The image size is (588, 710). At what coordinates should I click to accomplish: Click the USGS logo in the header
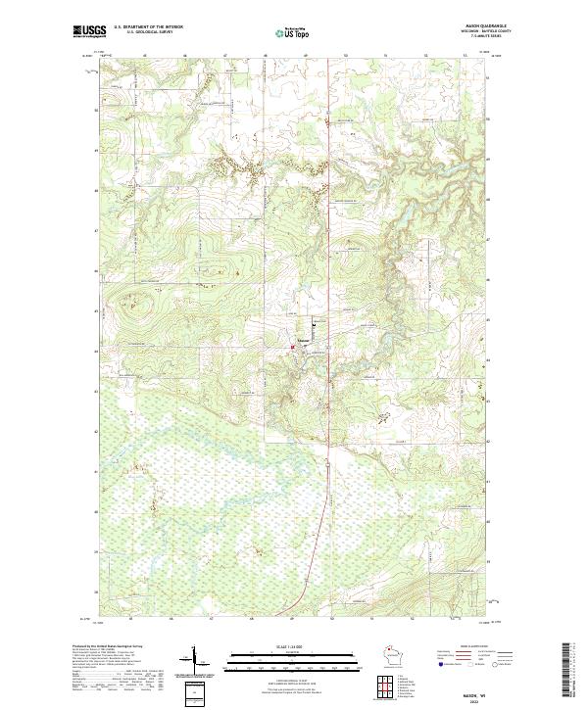click(89, 31)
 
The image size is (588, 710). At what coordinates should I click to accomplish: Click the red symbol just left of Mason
click(292, 345)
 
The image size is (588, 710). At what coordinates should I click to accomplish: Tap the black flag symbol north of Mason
click(314, 324)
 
